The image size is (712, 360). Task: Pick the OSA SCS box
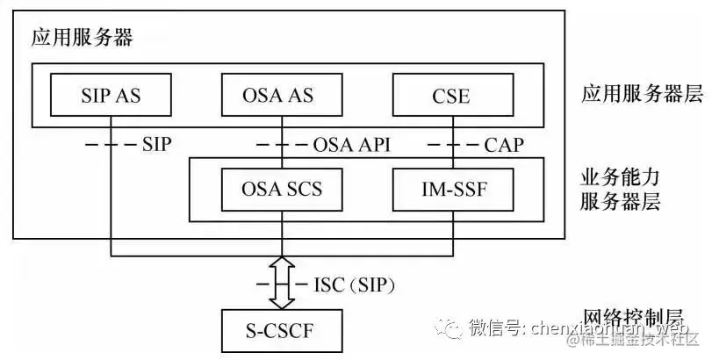pos(280,189)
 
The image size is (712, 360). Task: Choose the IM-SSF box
pos(452,189)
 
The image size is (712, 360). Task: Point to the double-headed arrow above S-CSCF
pos(281,284)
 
